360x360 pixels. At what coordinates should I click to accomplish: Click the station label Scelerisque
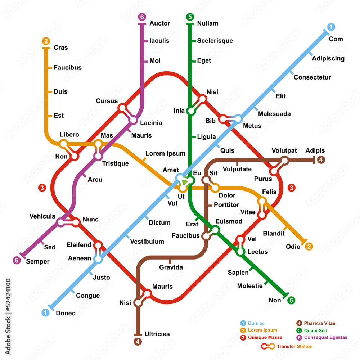(215, 41)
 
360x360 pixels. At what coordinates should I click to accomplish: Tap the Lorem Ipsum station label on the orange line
(165, 153)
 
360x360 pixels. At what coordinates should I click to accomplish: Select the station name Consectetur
(312, 77)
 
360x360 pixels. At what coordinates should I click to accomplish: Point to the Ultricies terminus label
(157, 334)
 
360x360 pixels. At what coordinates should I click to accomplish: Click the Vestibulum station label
(147, 242)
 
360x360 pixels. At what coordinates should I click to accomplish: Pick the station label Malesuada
(274, 114)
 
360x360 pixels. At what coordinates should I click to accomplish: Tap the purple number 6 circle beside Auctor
(142, 17)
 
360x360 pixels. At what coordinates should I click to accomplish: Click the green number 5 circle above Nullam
(190, 17)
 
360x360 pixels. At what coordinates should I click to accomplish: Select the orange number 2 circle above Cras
(46, 41)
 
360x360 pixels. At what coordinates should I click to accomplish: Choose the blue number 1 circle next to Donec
(45, 313)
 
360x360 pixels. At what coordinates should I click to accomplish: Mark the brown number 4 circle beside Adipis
(321, 160)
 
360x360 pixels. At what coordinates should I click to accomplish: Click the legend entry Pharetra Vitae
(320, 323)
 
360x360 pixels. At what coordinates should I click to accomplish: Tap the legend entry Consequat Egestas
(325, 337)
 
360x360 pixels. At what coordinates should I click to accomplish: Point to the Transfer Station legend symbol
(268, 346)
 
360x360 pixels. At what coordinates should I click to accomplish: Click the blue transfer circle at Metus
(238, 118)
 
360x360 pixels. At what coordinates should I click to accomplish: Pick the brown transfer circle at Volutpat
(284, 161)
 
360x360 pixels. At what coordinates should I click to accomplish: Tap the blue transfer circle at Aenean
(98, 258)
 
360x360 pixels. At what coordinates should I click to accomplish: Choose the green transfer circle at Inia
(191, 111)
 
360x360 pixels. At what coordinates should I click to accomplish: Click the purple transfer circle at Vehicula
(61, 223)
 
